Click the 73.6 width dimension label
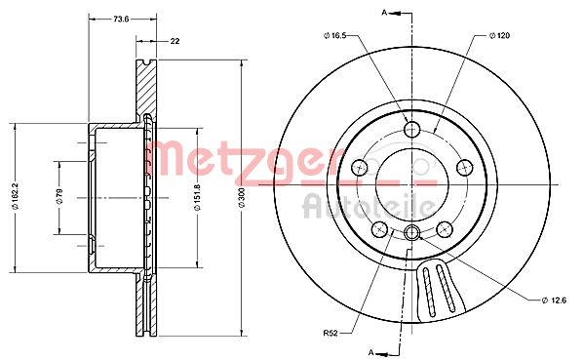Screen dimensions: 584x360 [121, 19]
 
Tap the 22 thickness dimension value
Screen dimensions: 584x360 [175, 41]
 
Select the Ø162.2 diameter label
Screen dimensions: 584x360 [16, 196]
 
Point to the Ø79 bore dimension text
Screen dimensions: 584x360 [59, 196]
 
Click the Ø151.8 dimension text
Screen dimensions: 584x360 [197, 197]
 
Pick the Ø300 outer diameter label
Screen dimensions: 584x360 [242, 197]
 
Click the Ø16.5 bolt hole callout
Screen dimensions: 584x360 [335, 35]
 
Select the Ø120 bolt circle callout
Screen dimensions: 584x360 [499, 35]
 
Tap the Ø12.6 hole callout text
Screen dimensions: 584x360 [554, 300]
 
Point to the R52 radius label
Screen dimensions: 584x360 [330, 333]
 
